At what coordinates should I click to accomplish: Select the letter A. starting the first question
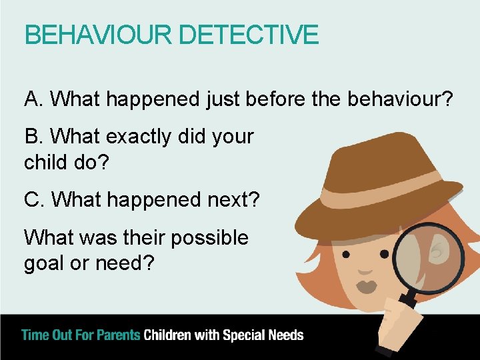pyautogui.click(x=34, y=100)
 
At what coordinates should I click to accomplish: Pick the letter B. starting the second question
pyautogui.click(x=34, y=137)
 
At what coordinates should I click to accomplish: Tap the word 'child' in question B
pyautogui.click(x=47, y=161)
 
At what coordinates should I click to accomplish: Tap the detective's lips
pyautogui.click(x=367, y=287)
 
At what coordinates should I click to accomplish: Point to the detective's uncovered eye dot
pyautogui.click(x=346, y=254)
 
